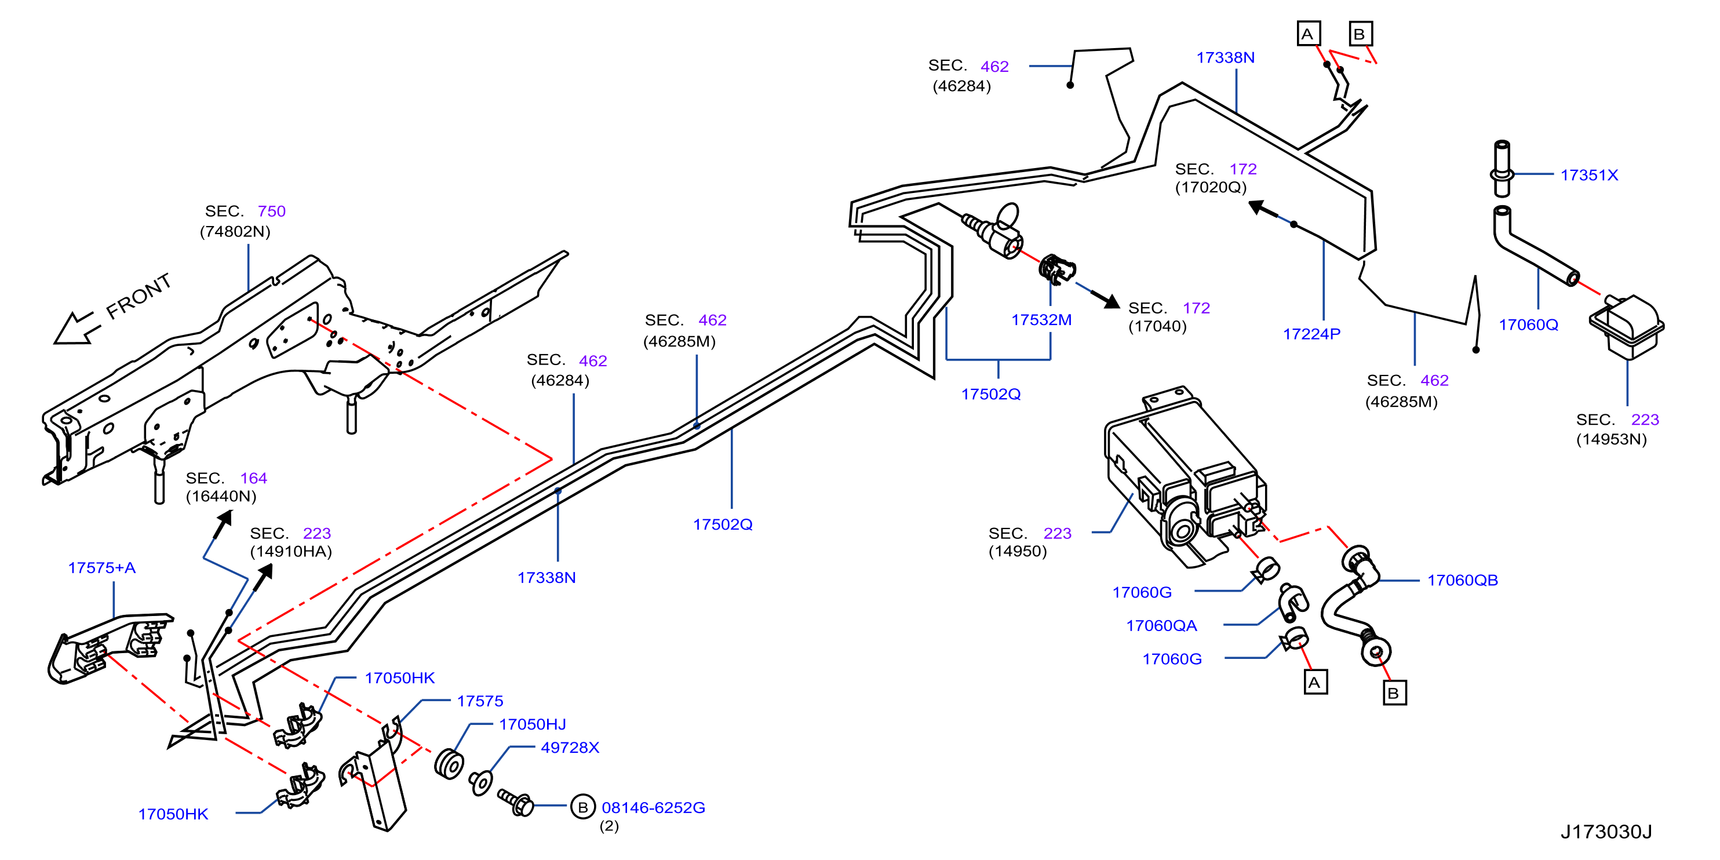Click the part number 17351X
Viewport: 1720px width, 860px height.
coord(1589,175)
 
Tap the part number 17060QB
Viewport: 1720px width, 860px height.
coord(1462,580)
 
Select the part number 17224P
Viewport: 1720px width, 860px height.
coord(1311,334)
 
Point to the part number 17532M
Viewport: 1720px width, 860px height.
coord(1041,320)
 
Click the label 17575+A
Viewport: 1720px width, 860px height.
coord(101,567)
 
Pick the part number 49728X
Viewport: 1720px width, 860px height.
coord(570,747)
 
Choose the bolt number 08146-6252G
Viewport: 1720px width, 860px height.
coord(653,807)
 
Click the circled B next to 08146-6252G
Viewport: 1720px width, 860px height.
coord(582,807)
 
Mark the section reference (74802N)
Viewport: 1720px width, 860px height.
coord(235,231)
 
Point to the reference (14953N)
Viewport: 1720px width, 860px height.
coord(1611,439)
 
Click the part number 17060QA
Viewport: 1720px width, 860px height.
coord(1161,626)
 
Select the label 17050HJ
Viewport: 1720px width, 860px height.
coord(532,724)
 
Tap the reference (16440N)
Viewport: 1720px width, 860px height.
coord(221,495)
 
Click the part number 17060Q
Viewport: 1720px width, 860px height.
coord(1528,325)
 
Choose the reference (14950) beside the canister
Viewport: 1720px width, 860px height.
coord(1018,551)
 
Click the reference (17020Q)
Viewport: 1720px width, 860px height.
coord(1211,187)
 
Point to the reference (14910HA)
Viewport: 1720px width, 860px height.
coord(290,551)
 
